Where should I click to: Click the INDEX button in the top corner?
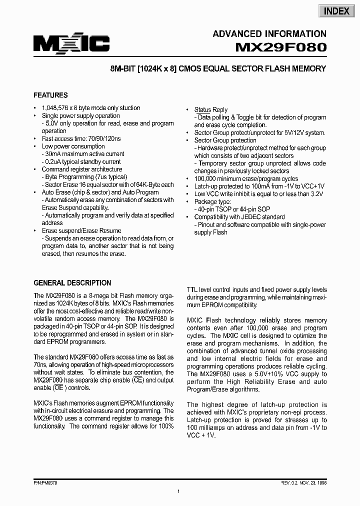pos(336,11)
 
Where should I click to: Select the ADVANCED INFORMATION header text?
pos(269,34)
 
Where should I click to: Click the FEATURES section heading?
pos(50,95)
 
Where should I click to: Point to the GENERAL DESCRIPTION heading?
pos(72,282)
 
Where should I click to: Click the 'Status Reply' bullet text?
pos(210,109)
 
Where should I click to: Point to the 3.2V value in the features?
pos(315,194)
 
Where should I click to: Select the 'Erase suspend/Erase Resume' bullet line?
pos(81,231)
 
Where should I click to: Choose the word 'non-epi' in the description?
pos(269,412)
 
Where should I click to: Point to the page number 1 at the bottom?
pos(178,492)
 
